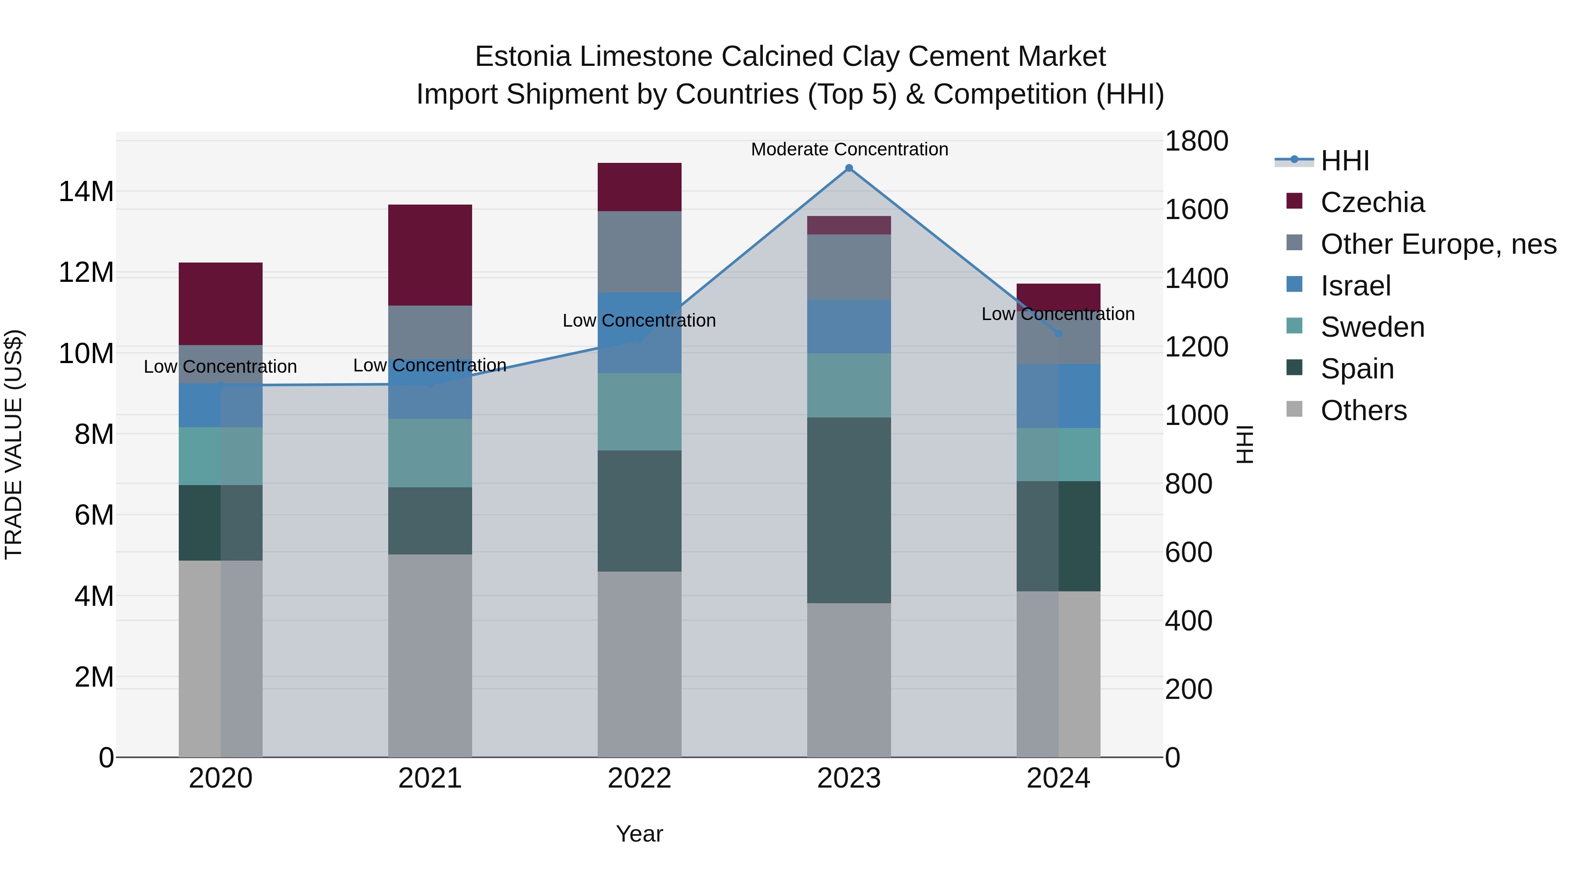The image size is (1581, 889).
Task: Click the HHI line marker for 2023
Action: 849,168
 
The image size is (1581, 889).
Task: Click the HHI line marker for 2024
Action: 1058,333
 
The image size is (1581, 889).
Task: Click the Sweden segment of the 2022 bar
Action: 639,412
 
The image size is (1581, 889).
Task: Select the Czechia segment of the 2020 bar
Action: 220,304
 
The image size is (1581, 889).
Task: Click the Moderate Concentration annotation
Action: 849,149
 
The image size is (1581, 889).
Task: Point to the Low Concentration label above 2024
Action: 1058,314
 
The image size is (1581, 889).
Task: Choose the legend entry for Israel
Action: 1355,286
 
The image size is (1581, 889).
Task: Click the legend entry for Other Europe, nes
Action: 1438,244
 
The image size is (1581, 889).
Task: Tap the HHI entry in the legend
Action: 1344,161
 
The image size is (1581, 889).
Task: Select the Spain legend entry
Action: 1357,369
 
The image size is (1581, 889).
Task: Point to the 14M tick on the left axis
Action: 86,191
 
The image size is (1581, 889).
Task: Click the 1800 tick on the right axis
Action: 1195,141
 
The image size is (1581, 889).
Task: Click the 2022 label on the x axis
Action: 639,778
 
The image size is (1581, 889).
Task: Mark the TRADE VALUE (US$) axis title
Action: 14,444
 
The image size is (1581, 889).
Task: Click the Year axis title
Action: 639,834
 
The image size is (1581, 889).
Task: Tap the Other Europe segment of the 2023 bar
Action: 849,267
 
